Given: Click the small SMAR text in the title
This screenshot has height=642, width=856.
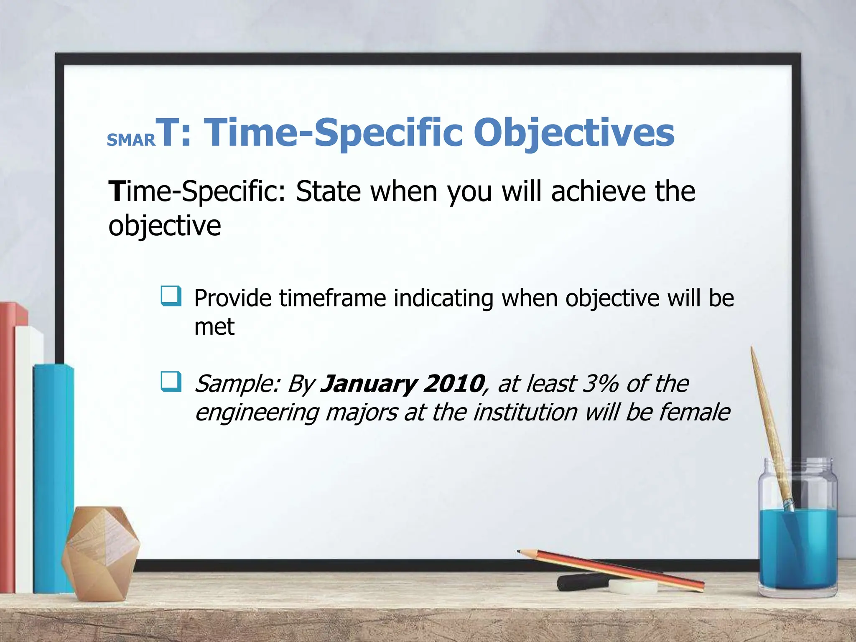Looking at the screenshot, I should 131,140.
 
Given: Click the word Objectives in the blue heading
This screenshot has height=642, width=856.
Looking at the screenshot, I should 573,133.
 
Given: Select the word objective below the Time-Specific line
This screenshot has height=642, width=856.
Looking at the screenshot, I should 164,226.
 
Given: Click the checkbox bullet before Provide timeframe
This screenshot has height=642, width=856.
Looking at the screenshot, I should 171,296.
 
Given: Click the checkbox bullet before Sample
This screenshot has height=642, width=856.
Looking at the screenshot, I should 171,382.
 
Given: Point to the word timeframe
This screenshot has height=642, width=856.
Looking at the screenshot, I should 333,298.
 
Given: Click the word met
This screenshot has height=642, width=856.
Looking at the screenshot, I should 214,327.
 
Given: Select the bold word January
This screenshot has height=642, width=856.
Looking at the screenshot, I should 368,384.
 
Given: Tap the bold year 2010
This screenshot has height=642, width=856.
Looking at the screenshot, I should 453,384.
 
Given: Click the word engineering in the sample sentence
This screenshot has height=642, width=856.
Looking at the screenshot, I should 257,413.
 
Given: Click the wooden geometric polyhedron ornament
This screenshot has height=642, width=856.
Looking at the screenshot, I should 100,552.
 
